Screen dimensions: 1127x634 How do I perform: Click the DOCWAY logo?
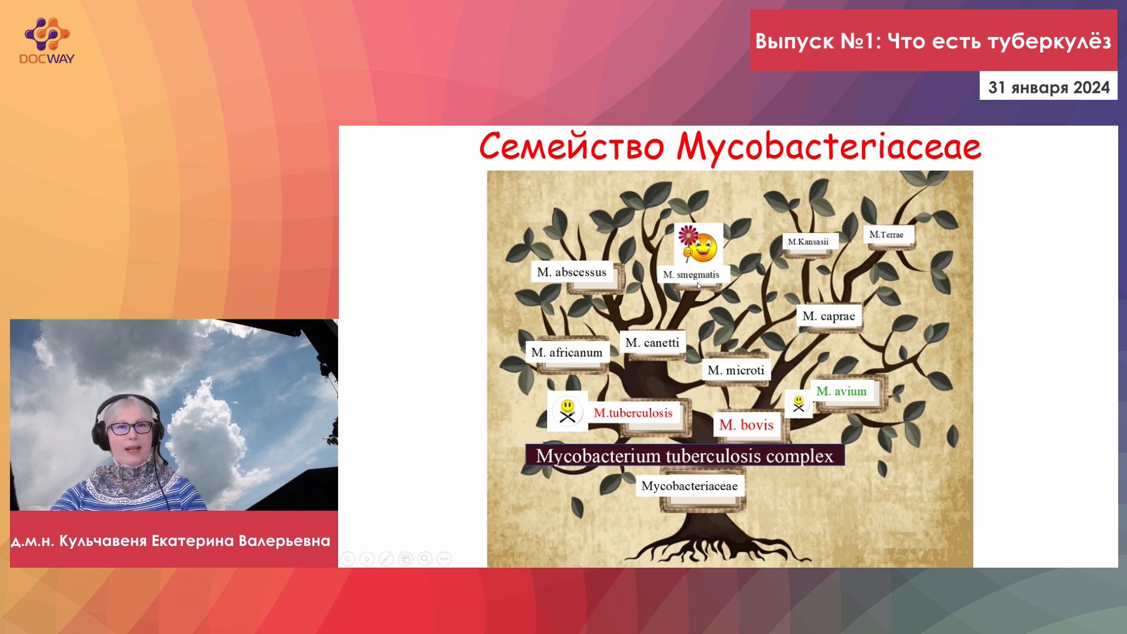pos(47,41)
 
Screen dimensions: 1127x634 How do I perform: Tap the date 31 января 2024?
pos(1049,87)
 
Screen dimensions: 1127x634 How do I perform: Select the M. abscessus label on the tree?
pos(572,272)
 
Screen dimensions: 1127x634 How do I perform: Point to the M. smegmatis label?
pos(691,274)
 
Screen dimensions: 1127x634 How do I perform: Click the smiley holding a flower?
pos(698,244)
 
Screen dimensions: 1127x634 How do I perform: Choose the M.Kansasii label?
pos(808,241)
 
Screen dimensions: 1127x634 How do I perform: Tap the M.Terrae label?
pos(886,234)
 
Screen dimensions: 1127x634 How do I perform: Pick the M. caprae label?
pos(829,316)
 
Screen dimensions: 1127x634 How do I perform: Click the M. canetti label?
pos(652,342)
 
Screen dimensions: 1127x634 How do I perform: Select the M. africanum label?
pos(567,352)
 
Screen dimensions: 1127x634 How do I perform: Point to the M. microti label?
pos(736,370)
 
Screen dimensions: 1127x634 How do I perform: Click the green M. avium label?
pos(842,391)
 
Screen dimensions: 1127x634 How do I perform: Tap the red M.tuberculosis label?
pos(633,413)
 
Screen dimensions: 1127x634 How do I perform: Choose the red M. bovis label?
pos(746,424)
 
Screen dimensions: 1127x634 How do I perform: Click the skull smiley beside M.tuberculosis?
pos(567,411)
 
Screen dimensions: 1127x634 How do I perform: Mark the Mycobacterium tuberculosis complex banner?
pos(685,456)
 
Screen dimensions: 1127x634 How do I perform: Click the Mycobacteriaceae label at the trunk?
pos(690,485)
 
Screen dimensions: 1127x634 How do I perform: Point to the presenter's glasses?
pos(130,428)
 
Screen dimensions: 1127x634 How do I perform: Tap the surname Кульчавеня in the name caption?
pos(103,541)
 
